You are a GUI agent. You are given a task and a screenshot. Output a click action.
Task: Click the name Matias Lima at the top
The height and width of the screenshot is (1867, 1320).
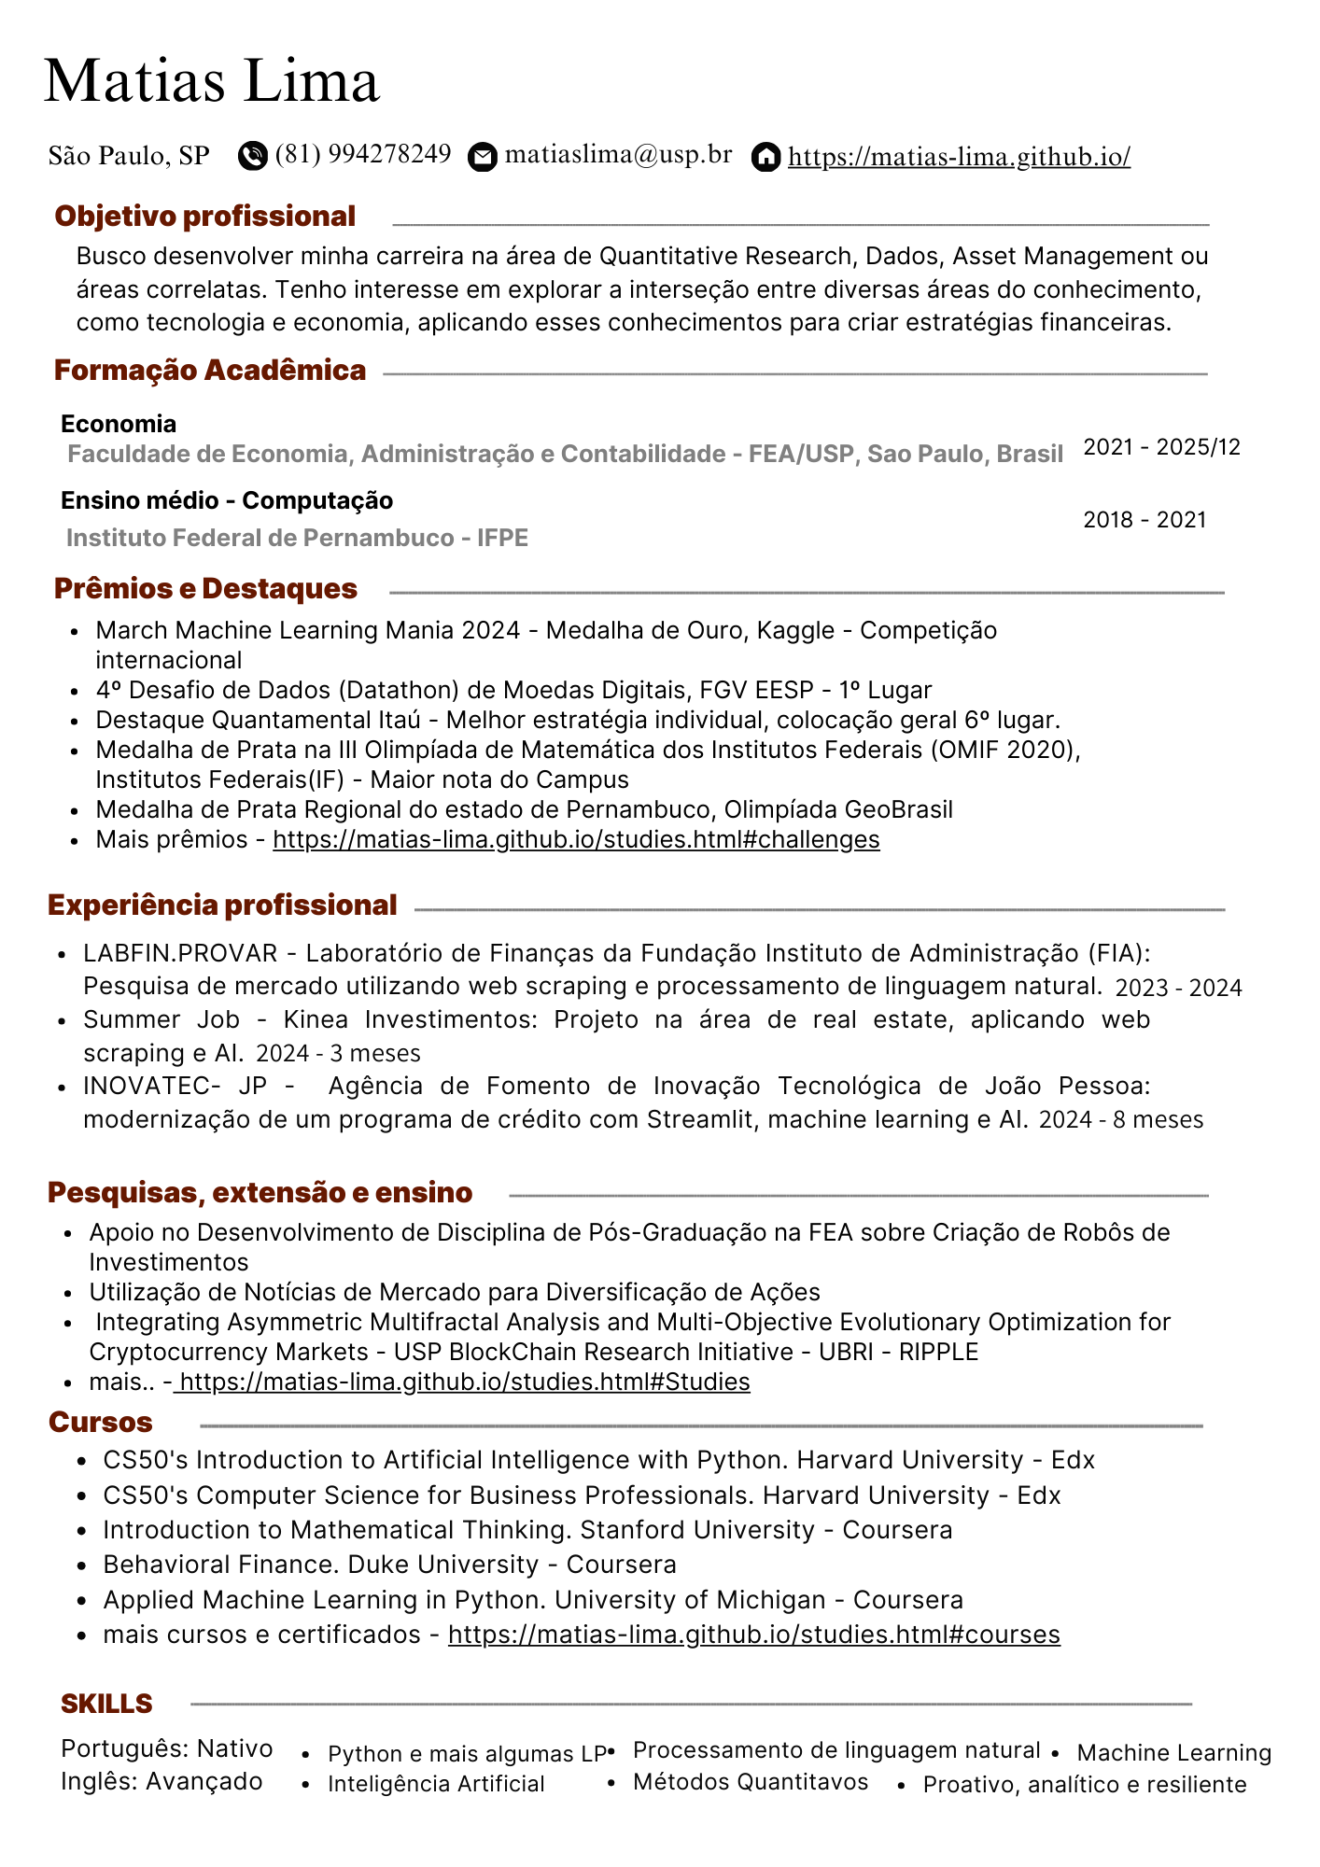[212, 81]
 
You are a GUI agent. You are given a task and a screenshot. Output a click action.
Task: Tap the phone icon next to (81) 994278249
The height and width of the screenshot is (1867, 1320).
[252, 155]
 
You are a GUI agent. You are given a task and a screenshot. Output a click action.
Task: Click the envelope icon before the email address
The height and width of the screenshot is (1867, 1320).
[482, 157]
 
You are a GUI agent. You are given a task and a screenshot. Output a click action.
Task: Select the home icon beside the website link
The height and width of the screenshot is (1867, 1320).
[765, 157]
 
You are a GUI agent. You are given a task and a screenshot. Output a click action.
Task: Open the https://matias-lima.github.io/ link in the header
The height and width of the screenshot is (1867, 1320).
[959, 156]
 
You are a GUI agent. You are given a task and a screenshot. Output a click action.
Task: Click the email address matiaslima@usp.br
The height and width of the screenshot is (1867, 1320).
[618, 154]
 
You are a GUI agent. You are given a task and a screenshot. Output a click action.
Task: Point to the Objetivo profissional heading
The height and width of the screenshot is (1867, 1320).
[205, 216]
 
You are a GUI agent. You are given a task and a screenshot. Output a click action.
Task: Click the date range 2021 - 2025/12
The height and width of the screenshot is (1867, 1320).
[1161, 447]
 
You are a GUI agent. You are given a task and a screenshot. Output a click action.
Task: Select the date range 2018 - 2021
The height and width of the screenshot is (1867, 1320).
[1144, 520]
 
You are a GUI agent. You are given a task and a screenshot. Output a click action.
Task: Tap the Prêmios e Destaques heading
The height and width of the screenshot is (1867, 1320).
[205, 588]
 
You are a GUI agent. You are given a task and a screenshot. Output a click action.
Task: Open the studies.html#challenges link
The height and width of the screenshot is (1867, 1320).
[576, 839]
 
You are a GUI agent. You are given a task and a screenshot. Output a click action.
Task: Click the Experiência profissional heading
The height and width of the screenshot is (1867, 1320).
[222, 905]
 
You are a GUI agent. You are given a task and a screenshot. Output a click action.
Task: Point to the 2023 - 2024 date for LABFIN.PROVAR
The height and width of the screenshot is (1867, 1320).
[1178, 988]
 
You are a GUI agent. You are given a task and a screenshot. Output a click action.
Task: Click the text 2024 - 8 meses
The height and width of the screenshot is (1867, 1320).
[1120, 1119]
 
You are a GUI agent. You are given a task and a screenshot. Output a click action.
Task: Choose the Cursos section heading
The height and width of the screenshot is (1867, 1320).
[101, 1422]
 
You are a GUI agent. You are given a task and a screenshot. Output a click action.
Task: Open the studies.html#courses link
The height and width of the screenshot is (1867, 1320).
[753, 1635]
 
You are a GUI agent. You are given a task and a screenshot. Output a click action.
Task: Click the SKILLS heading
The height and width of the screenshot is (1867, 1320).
[106, 1704]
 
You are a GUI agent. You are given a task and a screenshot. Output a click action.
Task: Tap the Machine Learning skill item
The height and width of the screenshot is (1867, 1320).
[1173, 1753]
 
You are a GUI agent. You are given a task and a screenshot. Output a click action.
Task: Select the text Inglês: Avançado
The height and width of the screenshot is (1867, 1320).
[161, 1781]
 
